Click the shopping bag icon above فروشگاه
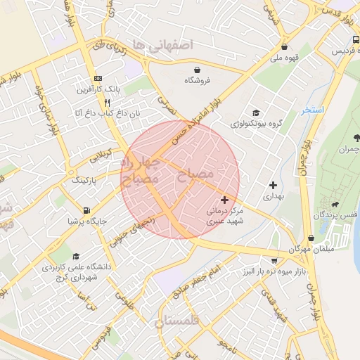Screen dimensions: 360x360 tap(198, 70)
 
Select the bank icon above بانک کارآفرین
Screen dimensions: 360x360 tap(98, 78)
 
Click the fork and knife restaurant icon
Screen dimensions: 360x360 tap(107, 102)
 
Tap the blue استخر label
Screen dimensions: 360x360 tap(312, 111)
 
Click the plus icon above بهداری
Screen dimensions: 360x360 tap(273, 185)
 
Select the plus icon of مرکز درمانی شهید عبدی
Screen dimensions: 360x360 tap(224, 200)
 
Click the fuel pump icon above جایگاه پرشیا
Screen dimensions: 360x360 tap(86, 210)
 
